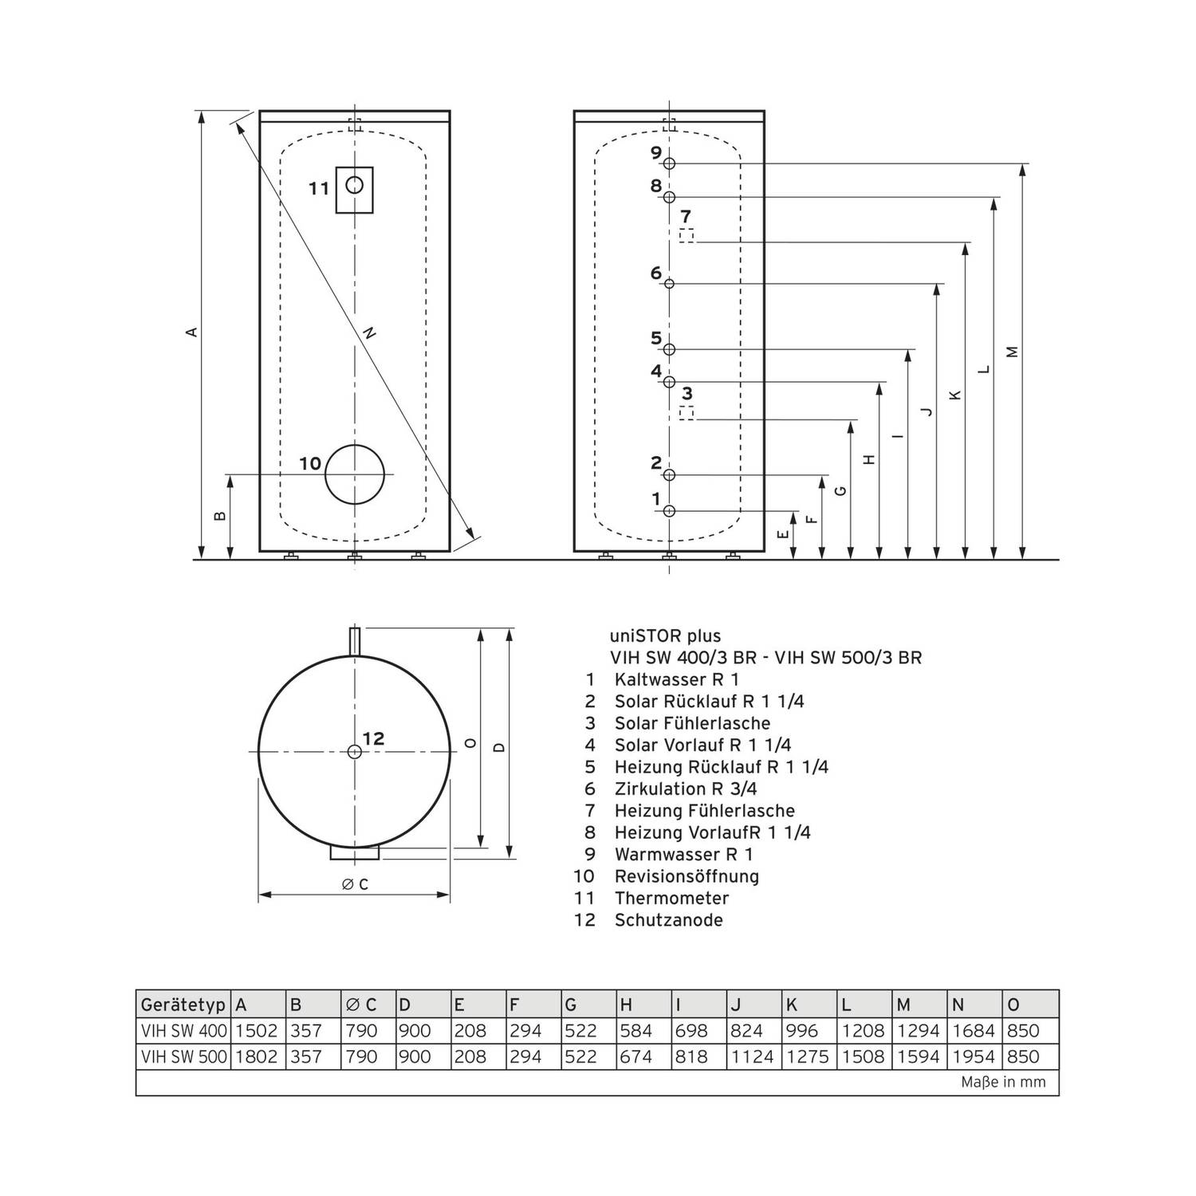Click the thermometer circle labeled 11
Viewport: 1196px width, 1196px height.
click(355, 186)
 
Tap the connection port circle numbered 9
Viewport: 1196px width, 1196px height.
click(670, 163)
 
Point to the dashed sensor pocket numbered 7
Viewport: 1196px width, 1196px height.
click(686, 236)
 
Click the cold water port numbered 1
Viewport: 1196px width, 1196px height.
click(670, 511)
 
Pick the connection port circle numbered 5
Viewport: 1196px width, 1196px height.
click(670, 349)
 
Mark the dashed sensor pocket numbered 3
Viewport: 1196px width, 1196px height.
click(686, 413)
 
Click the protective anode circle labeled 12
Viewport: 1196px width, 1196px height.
click(354, 751)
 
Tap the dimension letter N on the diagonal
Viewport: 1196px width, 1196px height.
click(369, 335)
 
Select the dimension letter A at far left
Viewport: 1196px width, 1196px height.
click(191, 331)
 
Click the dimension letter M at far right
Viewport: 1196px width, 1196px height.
click(1013, 351)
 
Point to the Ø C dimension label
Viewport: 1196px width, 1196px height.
click(355, 884)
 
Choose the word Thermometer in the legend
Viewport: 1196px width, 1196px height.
click(671, 898)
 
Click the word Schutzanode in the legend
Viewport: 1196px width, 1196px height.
click(668, 920)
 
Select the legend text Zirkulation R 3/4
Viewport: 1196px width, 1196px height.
click(686, 789)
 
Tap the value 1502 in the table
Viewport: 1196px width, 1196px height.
click(258, 1031)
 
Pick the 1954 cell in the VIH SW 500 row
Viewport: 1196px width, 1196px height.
click(974, 1057)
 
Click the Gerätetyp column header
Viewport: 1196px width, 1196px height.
click(183, 1005)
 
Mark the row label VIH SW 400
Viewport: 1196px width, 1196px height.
click(183, 1031)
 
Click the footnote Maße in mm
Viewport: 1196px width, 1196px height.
click(1003, 1083)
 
